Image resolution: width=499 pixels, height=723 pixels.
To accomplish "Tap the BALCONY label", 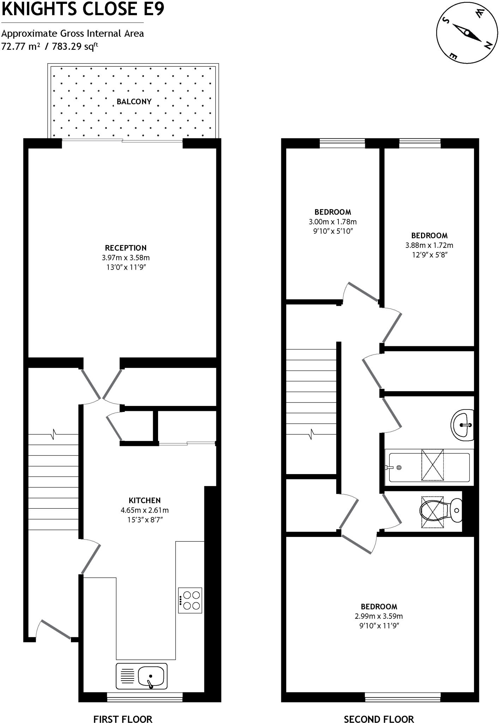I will point(134,102).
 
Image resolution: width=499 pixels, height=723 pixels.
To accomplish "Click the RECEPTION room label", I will point(126,248).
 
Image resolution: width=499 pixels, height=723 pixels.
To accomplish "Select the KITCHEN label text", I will point(145,500).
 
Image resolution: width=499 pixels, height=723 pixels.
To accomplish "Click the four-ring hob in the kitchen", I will point(190,600).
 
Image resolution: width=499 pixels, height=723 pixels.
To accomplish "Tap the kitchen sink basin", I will point(151,676).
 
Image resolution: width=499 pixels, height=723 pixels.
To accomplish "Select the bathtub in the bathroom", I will point(429,467).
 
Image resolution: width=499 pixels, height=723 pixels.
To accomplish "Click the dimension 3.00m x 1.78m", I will point(332,222).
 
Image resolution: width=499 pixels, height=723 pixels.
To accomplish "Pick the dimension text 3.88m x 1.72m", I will point(429,245).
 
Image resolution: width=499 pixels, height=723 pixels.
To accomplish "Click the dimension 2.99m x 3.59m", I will point(379,616).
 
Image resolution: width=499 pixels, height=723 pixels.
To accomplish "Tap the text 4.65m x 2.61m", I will point(145,510).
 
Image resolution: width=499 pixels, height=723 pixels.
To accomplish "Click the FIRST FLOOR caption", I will point(122,709).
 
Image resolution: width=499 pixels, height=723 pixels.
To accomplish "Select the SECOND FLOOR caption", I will point(379,709).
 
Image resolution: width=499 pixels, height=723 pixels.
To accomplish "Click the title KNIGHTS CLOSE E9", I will point(83,9).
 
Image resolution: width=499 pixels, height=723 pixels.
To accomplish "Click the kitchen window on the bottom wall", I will point(145,697).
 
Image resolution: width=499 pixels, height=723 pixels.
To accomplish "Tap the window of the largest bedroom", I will point(403,697).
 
